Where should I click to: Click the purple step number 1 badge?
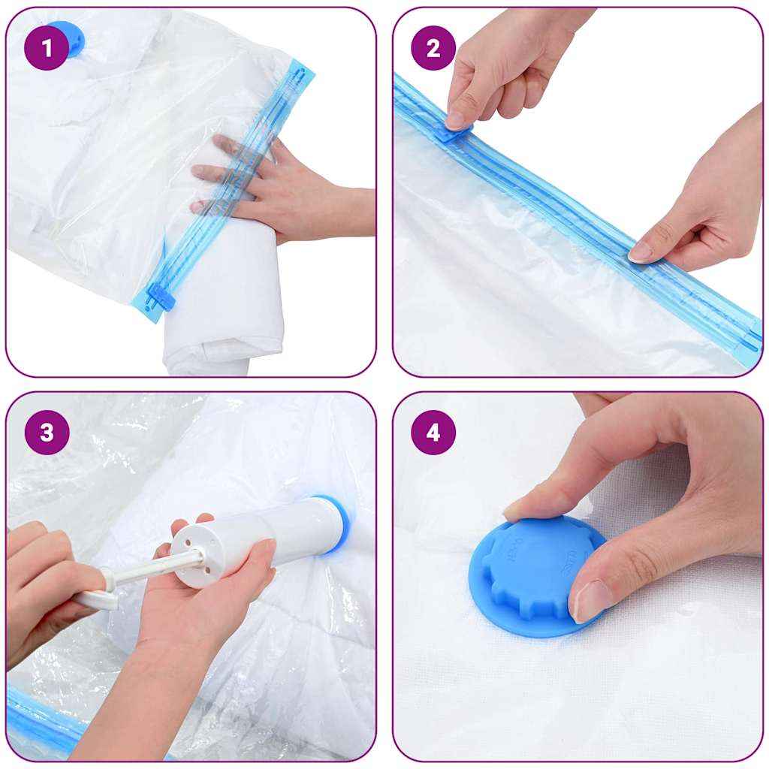coord(47,48)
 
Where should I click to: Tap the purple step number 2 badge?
coord(433,48)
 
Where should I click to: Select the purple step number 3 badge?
coord(47,433)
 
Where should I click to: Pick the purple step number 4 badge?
coord(433,433)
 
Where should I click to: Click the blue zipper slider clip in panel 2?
coord(451,133)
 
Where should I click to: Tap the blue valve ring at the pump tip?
coord(336,522)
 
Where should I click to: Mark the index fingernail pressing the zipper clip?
coord(455,119)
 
